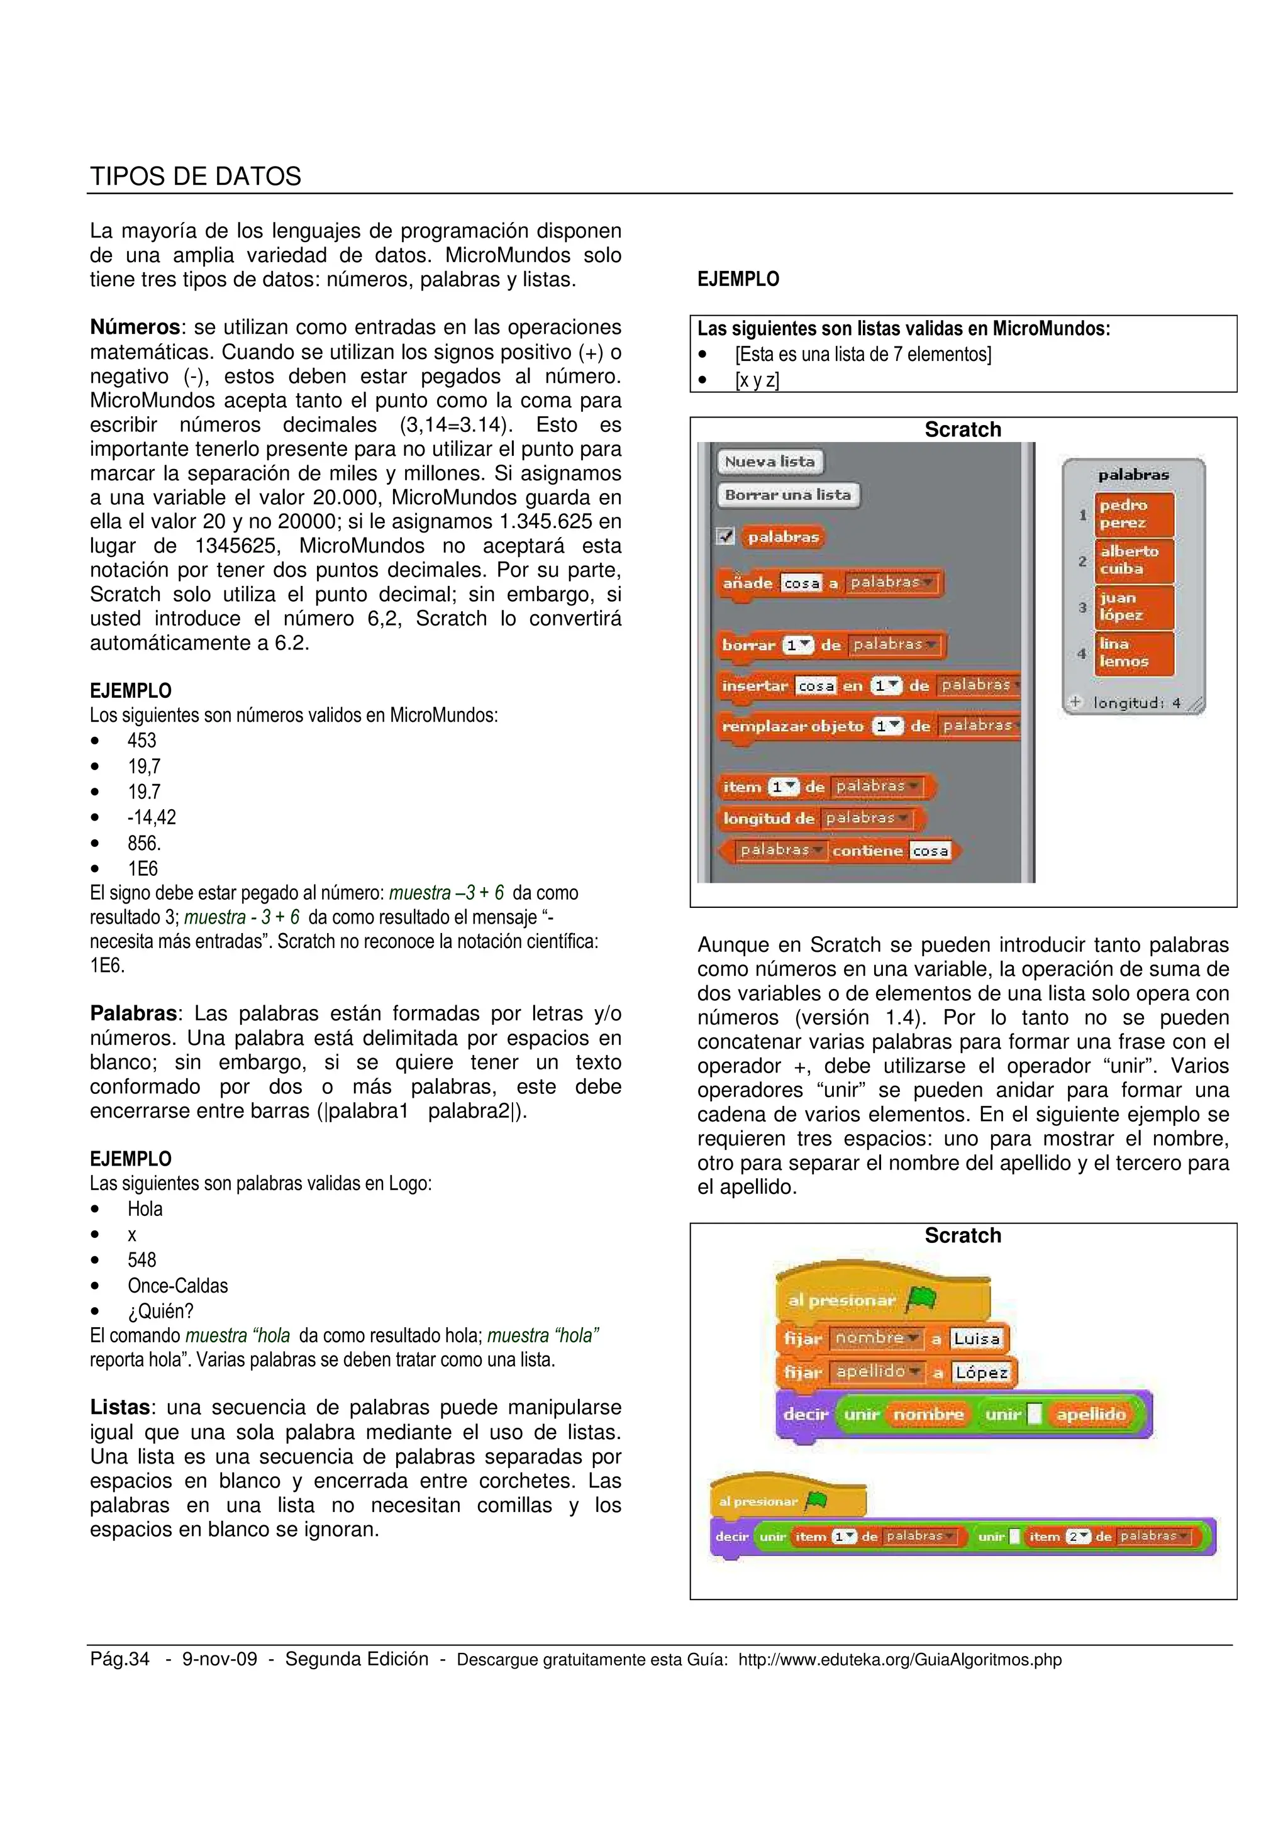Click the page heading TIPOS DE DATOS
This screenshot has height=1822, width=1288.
pos(195,176)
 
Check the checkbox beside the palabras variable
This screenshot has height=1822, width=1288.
pos(725,536)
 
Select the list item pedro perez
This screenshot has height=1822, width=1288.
pos(1133,514)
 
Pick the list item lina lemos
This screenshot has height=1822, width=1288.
pos(1133,653)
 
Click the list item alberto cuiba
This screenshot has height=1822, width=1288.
pos(1133,560)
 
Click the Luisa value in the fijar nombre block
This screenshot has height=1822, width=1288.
pos(976,1339)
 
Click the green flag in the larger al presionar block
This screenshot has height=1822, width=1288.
pos(921,1299)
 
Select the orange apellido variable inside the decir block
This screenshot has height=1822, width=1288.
pos(1091,1415)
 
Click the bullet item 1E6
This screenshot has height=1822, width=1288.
pos(143,869)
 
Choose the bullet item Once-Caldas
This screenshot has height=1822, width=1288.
pos(178,1286)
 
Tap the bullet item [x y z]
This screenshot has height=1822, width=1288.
pos(757,381)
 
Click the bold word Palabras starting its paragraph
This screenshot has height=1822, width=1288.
pos(133,1014)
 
